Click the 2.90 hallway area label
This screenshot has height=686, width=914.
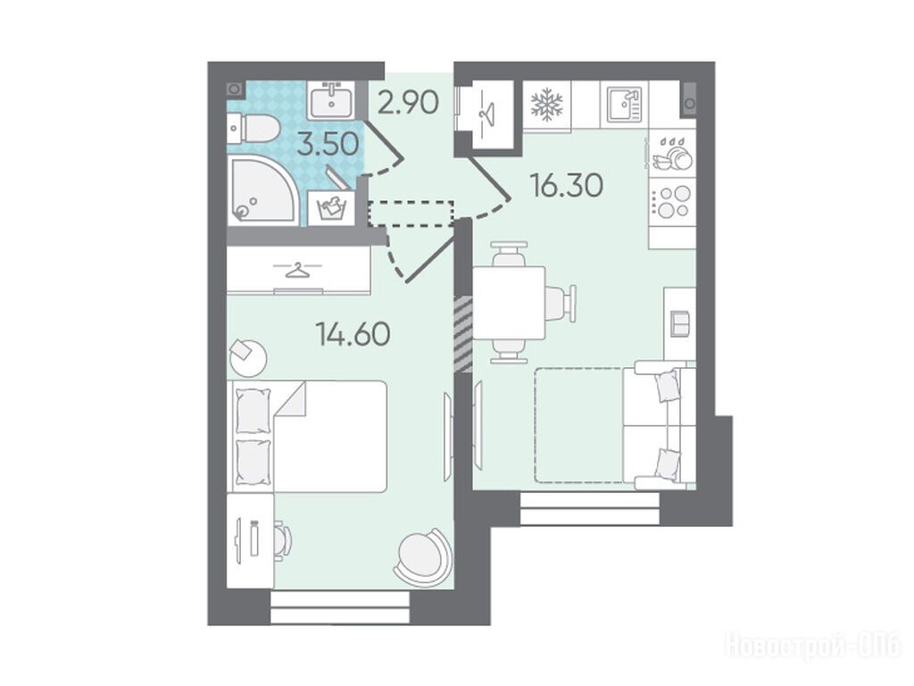pos(408,104)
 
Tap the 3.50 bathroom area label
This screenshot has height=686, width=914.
pos(328,145)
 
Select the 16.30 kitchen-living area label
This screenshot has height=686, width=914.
pos(567,186)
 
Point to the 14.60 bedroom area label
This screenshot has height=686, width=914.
pos(353,334)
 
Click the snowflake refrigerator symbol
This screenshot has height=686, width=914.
pos(547,105)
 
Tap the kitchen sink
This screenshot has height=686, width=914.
pos(624,105)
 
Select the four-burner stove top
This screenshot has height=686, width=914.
pos(673,201)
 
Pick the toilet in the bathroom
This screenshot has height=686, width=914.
pos(252,130)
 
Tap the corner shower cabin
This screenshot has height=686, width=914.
pos(263,189)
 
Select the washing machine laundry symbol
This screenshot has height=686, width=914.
pos(330,207)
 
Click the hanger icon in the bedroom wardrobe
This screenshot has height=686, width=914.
pos(298,271)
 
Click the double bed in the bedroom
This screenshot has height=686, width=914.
pos(310,436)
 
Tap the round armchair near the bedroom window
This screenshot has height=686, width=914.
pos(424,556)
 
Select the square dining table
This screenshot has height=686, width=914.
pos(509,303)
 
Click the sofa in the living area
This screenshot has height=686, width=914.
pos(664,425)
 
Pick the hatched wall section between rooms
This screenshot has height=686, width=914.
pos(463,333)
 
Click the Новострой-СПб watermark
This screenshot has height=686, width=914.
pos(813,645)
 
